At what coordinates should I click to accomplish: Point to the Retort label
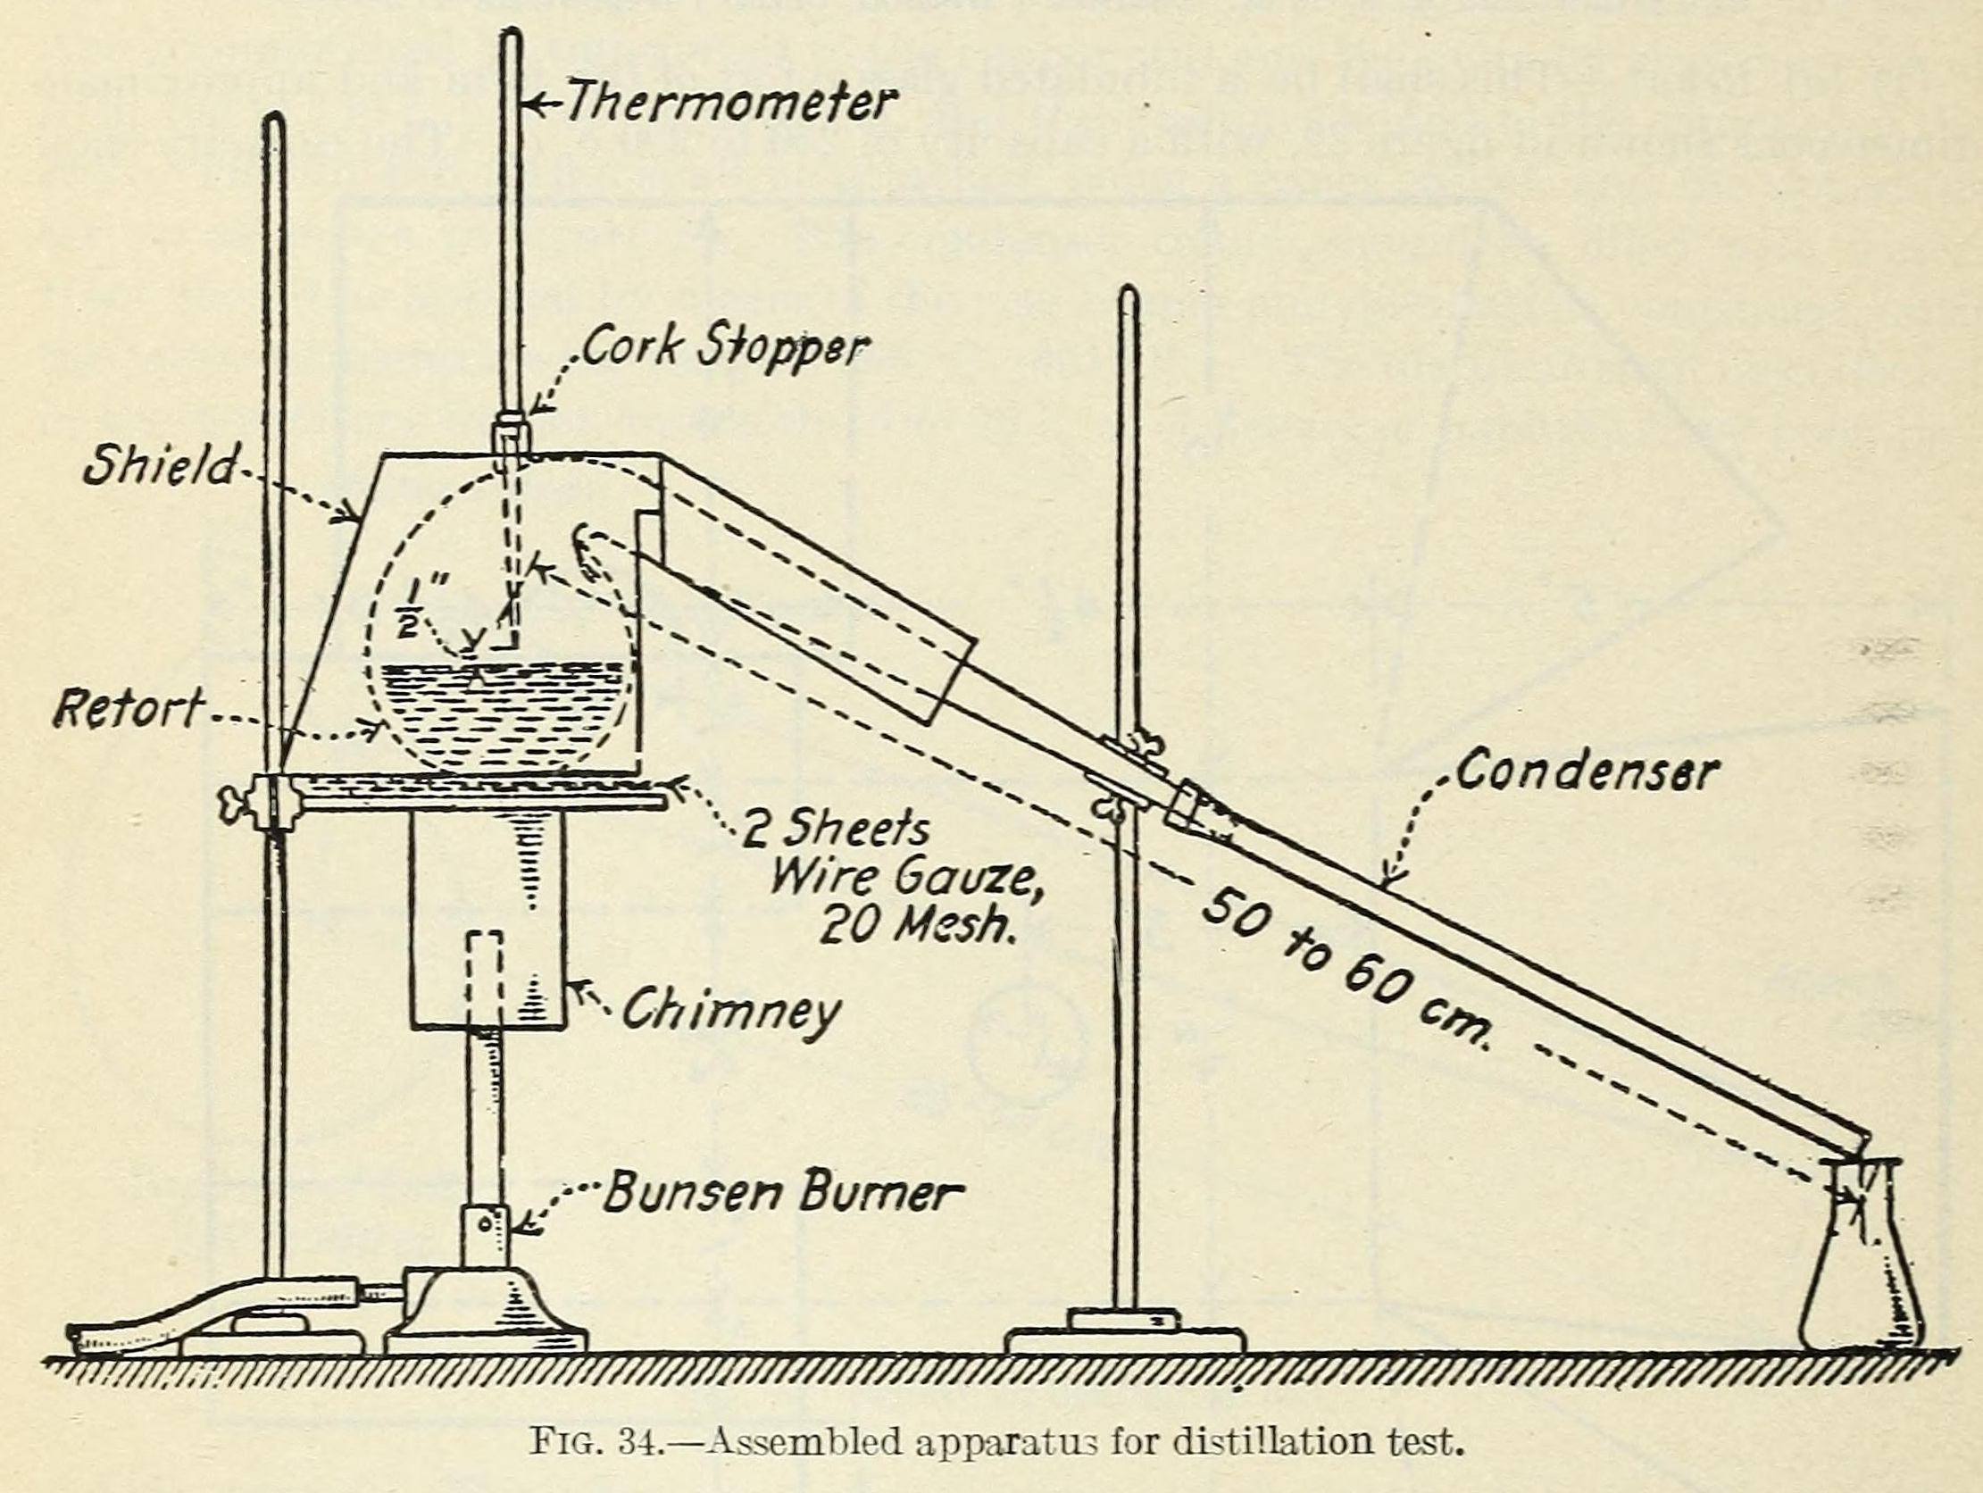tap(129, 707)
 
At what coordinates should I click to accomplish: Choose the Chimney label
tap(731, 1011)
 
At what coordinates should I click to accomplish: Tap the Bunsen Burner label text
tap(783, 1194)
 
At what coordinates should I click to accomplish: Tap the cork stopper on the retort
tap(512, 429)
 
